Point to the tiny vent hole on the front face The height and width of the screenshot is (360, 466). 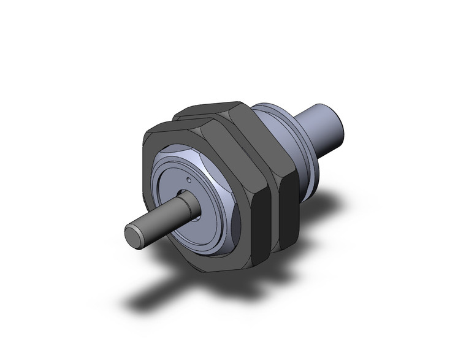[190, 181]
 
